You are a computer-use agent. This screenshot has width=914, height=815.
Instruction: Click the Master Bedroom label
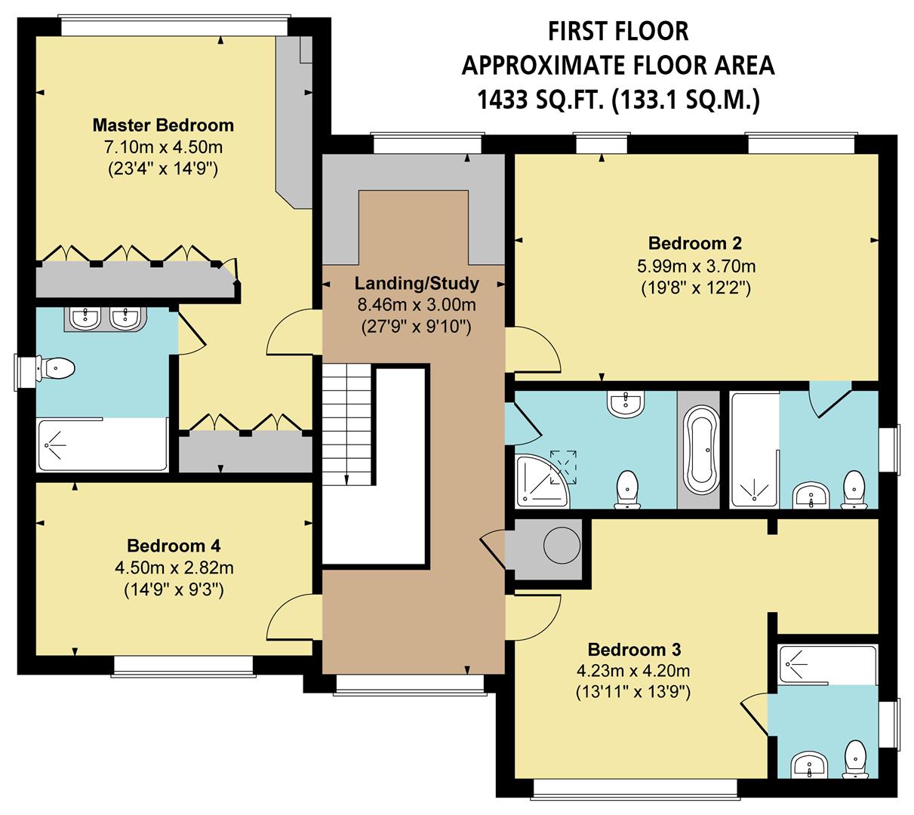coord(163,125)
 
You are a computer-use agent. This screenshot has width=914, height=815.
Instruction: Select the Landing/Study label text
coord(417,284)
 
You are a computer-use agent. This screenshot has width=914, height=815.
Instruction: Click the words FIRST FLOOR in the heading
coord(617,31)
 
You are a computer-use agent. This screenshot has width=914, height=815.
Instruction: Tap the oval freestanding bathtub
coord(701,451)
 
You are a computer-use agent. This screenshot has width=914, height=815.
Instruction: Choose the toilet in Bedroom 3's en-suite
coord(854,758)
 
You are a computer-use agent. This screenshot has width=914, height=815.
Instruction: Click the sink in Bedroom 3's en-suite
coord(810,766)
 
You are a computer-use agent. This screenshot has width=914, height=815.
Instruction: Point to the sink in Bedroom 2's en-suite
coord(811,496)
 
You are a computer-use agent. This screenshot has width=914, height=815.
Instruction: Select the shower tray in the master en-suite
coord(102,444)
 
